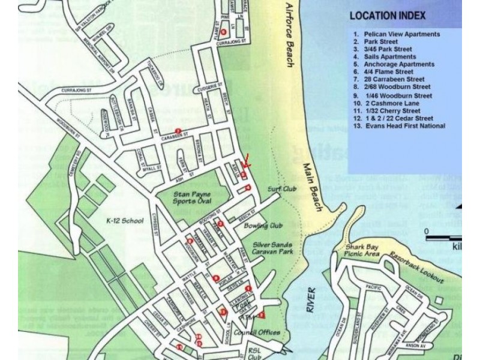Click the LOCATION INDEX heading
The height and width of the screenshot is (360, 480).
pos(388,16)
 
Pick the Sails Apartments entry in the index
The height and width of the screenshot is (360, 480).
pos(390,56)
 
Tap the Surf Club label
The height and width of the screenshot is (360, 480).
pos(279,188)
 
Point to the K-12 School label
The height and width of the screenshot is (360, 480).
pos(124,220)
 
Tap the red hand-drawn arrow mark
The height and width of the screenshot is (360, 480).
pos(248,161)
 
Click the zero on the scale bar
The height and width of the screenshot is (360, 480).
pos(426,231)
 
